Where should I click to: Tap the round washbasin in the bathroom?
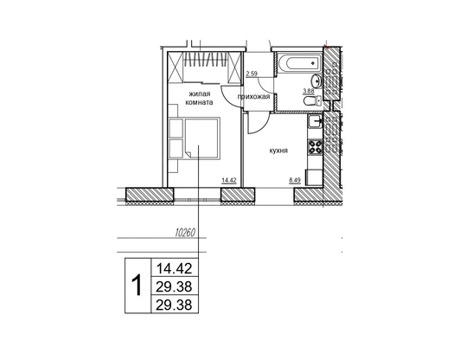316,80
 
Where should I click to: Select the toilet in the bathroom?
312,101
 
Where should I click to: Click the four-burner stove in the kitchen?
315,146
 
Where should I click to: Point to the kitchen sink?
315,121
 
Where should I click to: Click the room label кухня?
278,151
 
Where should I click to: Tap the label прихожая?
253,97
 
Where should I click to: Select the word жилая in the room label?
199,94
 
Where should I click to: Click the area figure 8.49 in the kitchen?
295,180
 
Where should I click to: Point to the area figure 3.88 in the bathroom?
309,91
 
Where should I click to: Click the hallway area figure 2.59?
252,74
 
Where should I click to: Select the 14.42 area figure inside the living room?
229,180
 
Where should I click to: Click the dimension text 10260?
185,233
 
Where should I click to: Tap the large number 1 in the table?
137,286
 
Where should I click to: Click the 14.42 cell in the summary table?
175,268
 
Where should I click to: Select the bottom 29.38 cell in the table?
174,305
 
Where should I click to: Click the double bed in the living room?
202,138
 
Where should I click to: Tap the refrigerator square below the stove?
314,177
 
